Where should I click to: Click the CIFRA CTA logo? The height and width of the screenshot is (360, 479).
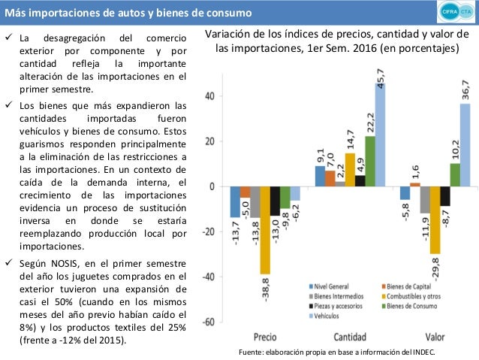coord(454,13)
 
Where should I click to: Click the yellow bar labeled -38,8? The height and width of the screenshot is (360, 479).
coord(264,229)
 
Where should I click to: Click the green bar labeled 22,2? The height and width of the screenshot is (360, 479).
coord(369,161)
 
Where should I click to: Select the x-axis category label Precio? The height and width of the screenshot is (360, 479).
coord(264,336)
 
